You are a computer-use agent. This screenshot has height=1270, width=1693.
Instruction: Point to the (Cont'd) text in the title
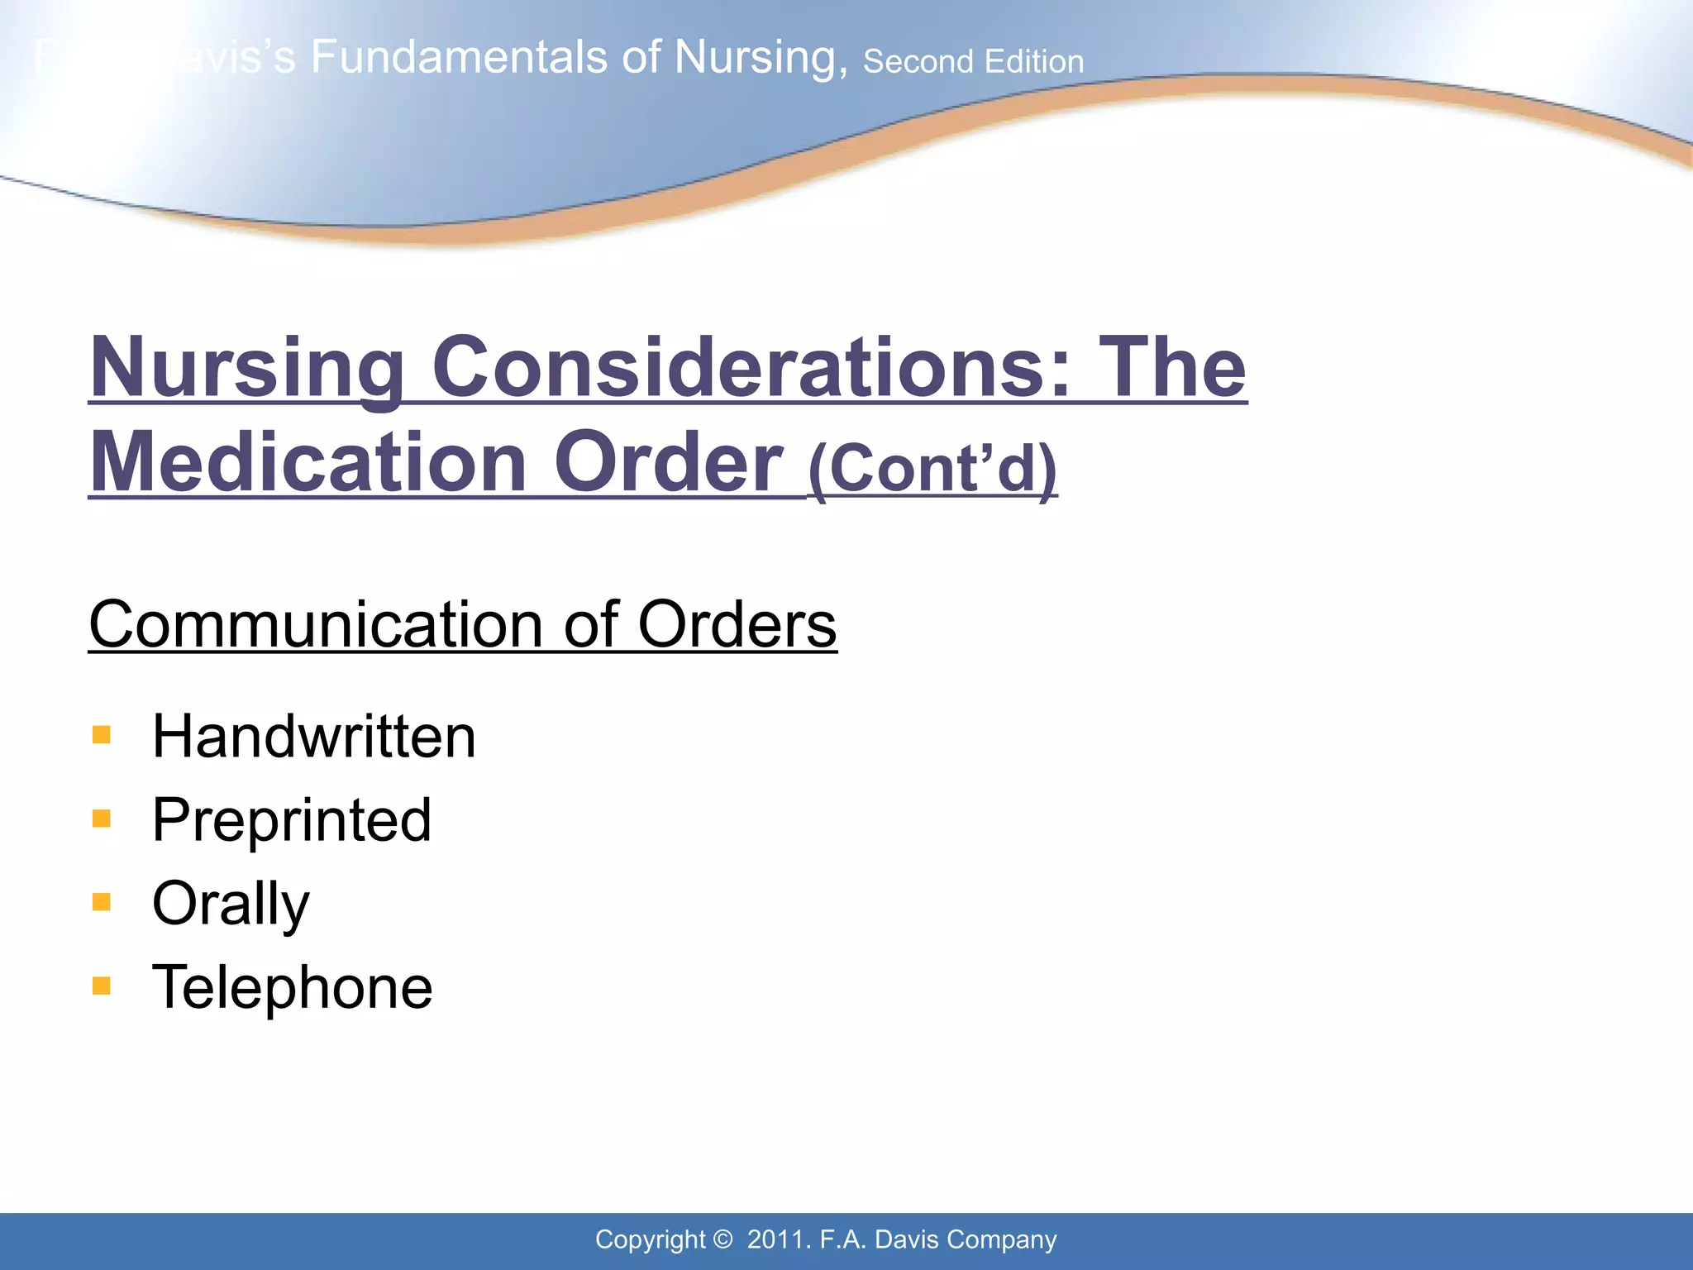point(932,468)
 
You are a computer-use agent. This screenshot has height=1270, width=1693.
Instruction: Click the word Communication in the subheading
point(314,624)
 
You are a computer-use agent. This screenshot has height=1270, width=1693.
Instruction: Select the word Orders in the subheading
point(737,624)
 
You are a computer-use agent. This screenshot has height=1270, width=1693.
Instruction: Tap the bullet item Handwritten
point(313,736)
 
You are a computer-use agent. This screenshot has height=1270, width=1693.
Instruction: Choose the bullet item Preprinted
point(291,819)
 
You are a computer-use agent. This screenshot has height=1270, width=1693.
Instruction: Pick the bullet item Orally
point(231,904)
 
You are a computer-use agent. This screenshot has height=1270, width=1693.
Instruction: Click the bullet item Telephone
point(292,986)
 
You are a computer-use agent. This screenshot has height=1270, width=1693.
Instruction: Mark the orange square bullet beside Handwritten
point(102,735)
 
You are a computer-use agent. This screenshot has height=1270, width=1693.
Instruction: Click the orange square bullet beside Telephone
point(102,986)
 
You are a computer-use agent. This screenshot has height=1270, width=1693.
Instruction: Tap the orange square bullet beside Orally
point(102,902)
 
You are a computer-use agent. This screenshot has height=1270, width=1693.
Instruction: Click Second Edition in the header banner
point(973,62)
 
